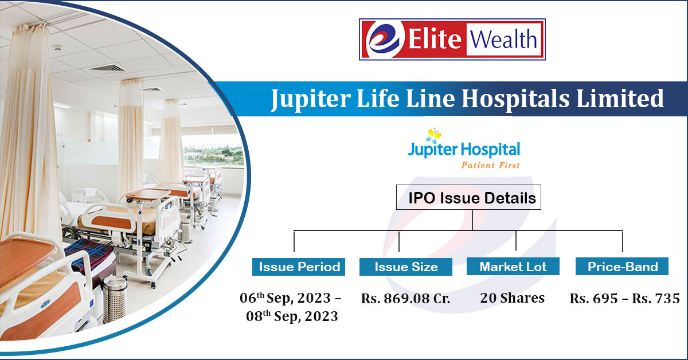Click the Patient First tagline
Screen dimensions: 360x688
click(x=491, y=165)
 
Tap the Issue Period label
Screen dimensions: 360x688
click(x=299, y=267)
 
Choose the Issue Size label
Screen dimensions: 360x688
click(x=406, y=267)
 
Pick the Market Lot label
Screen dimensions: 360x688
click(x=513, y=267)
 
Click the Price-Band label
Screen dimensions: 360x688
click(x=622, y=267)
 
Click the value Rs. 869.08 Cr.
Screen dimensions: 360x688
click(x=405, y=299)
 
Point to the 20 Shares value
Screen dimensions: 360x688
click(x=513, y=298)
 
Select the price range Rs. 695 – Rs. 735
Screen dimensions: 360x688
click(x=624, y=299)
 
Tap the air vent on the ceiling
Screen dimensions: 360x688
click(x=105, y=69)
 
